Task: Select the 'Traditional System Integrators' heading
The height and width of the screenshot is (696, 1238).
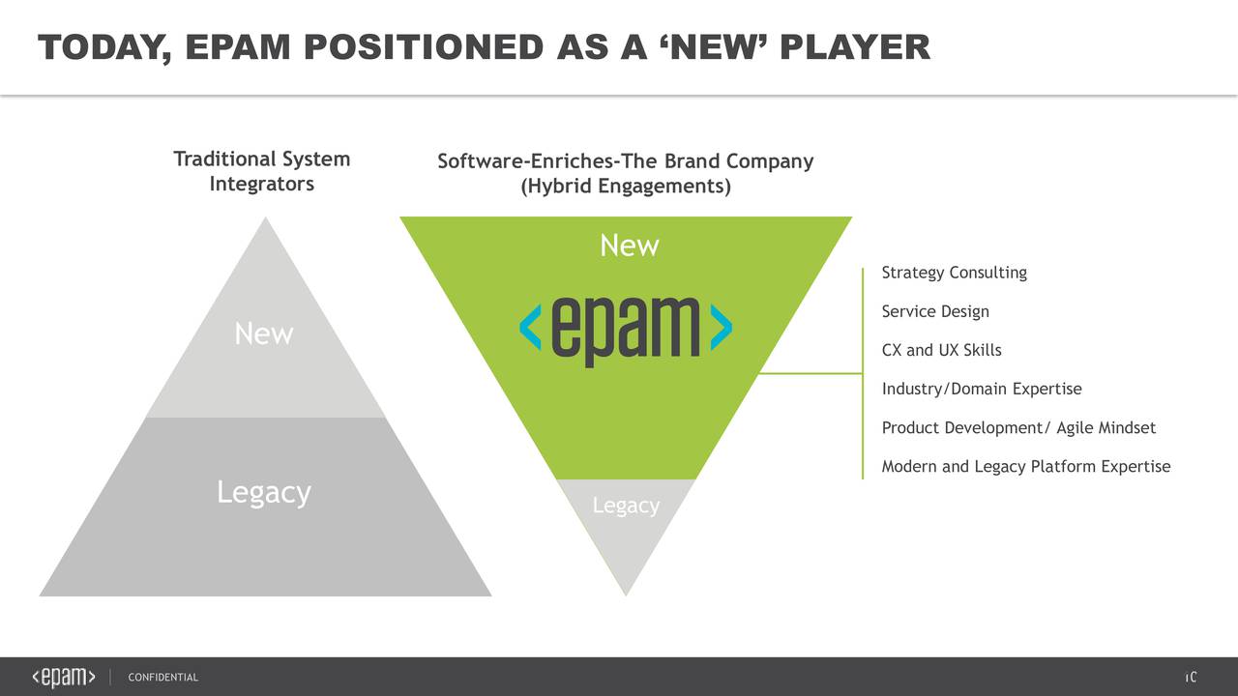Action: [x=261, y=171]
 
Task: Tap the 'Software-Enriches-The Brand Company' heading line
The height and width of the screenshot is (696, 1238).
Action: [x=625, y=161]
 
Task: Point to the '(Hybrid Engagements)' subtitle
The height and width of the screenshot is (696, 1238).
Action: [x=625, y=186]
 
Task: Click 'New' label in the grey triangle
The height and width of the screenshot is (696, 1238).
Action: [x=263, y=334]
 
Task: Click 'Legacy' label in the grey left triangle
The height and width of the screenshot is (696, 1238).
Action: [x=263, y=492]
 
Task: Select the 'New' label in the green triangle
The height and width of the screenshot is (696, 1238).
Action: [x=629, y=246]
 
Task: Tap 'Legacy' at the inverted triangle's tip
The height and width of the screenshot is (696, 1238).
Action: [x=626, y=506]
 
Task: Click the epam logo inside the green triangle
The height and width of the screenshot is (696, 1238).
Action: [x=625, y=329]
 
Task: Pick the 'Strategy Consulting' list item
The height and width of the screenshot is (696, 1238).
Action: [x=954, y=273]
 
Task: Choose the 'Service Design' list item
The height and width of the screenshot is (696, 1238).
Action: [x=934, y=311]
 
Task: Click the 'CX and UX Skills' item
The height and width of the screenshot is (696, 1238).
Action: [x=941, y=350]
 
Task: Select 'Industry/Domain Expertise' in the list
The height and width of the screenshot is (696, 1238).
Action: [x=981, y=389]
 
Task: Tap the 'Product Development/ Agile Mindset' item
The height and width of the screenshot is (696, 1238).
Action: [x=1017, y=427]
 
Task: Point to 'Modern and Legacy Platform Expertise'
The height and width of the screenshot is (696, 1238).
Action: [x=1025, y=467]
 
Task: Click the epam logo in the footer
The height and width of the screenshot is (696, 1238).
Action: [x=64, y=677]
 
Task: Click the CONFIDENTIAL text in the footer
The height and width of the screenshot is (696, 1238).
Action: [x=162, y=678]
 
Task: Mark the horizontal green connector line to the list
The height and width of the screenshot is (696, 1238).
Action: [x=811, y=373]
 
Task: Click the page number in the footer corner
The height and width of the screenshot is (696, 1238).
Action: [x=1192, y=677]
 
